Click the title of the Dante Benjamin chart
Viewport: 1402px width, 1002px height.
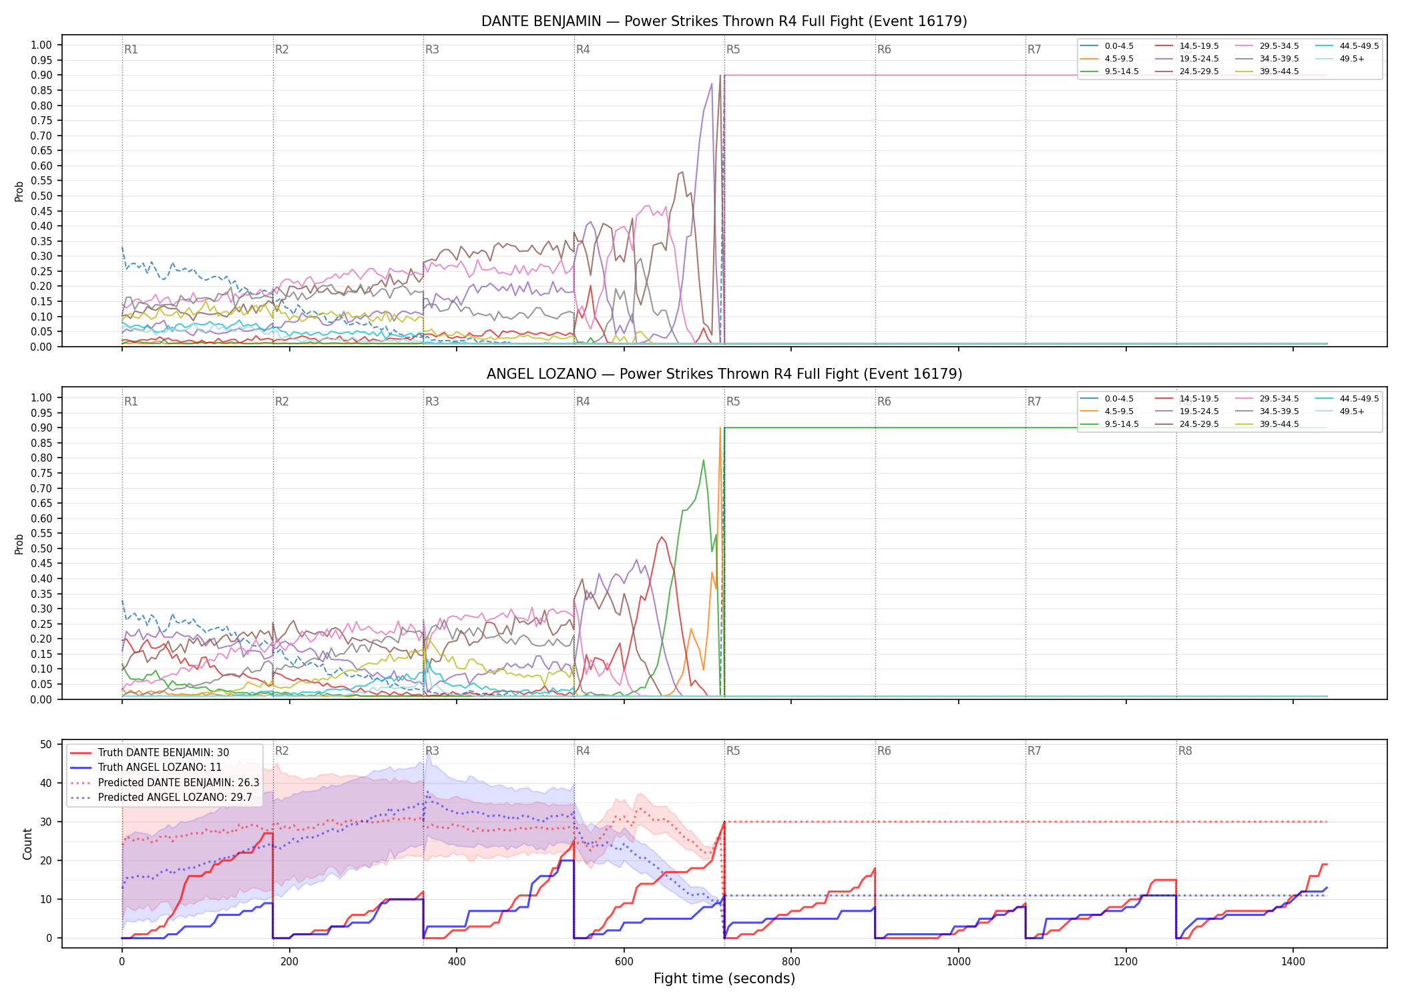coord(724,21)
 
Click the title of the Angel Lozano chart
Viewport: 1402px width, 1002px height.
coord(724,374)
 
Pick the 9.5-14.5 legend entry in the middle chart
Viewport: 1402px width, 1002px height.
coord(1110,424)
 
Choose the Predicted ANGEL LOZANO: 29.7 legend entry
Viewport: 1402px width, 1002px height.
coord(161,797)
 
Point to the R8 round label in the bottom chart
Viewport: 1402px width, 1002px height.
coord(1185,751)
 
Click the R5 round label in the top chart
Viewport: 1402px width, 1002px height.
coord(733,49)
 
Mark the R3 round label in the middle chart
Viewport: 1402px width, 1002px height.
coord(432,401)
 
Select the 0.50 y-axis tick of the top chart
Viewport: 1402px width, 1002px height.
coord(41,196)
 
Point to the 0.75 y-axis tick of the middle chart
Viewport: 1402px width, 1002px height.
coord(41,473)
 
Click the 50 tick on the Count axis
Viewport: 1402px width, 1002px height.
coord(46,744)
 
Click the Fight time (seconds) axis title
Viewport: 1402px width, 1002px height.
coord(724,979)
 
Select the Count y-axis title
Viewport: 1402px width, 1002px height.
coord(27,844)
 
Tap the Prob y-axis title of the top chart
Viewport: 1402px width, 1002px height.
coord(19,191)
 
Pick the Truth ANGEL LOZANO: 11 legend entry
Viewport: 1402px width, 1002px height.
coord(146,768)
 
